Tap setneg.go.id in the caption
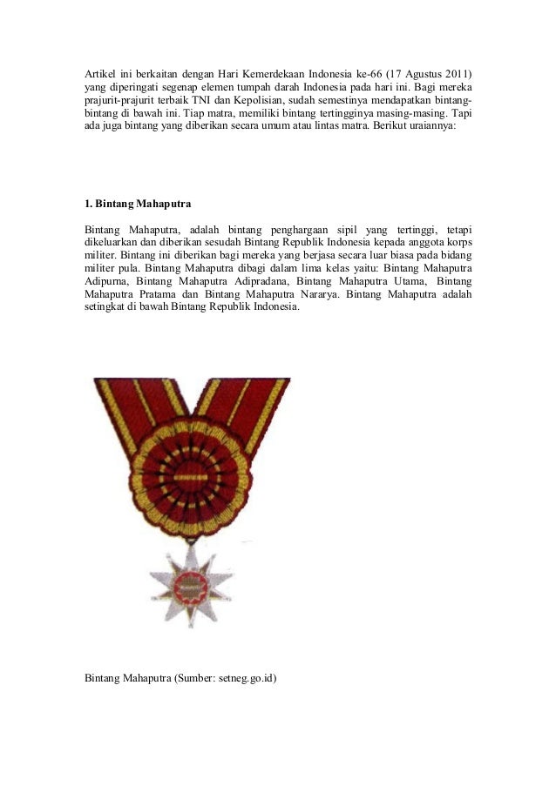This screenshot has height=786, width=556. (x=243, y=675)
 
